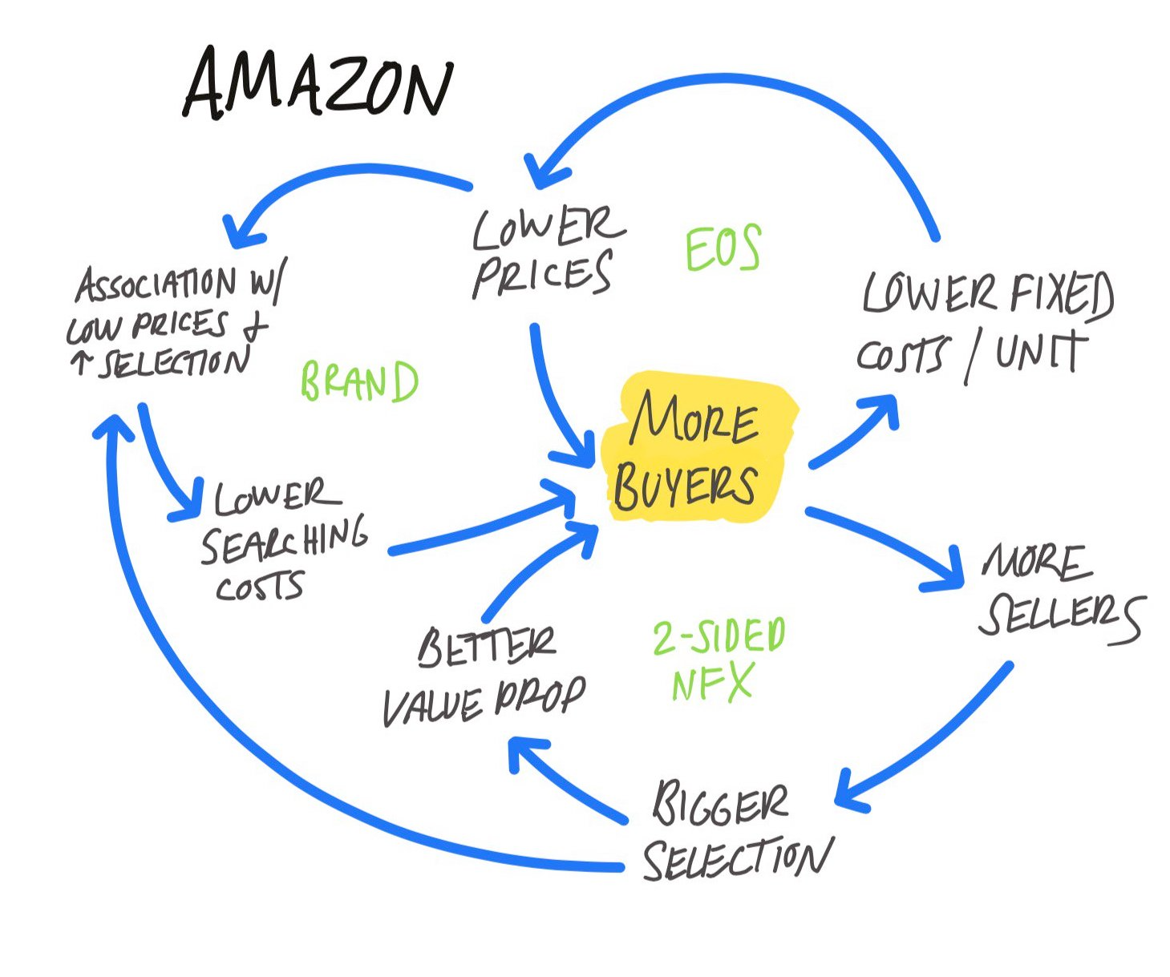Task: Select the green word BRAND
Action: pos(359,382)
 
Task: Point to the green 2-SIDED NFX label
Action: pos(718,661)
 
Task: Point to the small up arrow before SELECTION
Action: pos(80,364)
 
